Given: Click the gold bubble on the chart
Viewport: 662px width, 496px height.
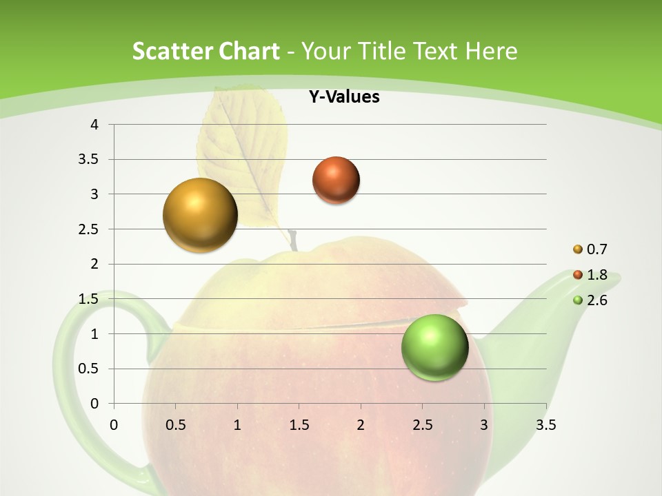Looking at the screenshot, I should point(200,215).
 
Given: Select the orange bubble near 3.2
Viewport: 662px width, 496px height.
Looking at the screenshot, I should point(336,180).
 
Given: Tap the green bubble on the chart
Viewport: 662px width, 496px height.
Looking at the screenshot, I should point(434,347).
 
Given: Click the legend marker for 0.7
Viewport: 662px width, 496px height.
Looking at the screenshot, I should point(578,249).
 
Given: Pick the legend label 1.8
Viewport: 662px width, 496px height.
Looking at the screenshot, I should point(596,275).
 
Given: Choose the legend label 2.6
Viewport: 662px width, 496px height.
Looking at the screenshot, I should point(596,300).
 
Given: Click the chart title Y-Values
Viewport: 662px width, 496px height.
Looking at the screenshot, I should point(343,97).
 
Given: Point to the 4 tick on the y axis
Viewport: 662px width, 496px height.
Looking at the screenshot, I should point(94,125).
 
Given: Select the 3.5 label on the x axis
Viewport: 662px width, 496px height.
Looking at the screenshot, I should point(545,425).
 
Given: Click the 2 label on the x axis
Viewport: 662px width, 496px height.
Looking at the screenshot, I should point(360,425).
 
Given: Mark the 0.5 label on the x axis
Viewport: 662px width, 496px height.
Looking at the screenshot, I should point(175,425).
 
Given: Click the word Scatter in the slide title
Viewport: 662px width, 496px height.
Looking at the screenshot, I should point(172,51).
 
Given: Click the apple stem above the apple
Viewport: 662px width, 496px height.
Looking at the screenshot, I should point(294,240).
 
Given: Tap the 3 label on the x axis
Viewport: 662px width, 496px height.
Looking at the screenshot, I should point(484,425).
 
